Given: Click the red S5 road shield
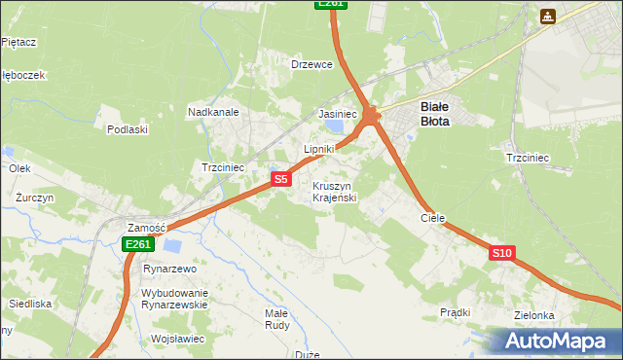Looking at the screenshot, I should coord(280,179).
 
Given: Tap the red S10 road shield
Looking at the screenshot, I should coord(501,253).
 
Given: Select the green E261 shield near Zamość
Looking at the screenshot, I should coord(137,245).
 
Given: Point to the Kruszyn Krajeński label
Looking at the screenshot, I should coord(335,192).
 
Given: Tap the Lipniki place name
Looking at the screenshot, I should coord(319,149).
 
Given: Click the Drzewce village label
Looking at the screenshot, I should coord(312,64).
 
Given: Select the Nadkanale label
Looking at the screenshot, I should coord(214,112).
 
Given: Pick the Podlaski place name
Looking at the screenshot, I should coord(128,129).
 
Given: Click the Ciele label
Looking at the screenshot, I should coord(432,219).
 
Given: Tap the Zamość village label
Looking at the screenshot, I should coord(147,227).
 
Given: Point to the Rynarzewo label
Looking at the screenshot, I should coord(170,269).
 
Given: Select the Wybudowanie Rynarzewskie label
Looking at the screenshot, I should coord(175,298).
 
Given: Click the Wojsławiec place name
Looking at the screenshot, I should coord(177,339).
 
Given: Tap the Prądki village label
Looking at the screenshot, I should coord(456,312).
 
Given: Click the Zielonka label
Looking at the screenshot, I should coord(534,315).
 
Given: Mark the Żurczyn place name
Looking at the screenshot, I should coord(34,197).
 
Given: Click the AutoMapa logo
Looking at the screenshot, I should coord(554,341).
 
